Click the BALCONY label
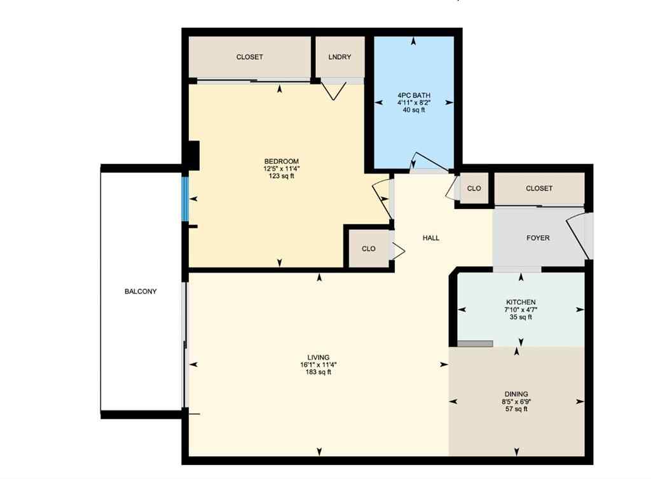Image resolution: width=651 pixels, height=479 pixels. tap(140, 292)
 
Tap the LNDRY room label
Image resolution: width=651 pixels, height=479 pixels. tap(339, 57)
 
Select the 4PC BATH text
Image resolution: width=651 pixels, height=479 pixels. tap(413, 95)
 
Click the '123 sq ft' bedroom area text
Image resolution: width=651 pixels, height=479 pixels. tap(282, 177)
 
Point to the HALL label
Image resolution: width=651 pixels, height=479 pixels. tap(431, 238)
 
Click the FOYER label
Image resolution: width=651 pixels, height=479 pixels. tap(538, 238)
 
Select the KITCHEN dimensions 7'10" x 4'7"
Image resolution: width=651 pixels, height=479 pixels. tap(521, 309)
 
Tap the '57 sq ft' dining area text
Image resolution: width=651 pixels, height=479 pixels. tap(516, 409)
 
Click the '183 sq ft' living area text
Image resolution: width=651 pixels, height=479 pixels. tap(318, 372)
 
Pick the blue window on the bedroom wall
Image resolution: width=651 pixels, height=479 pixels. tap(186, 199)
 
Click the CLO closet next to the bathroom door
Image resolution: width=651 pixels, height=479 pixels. tap(474, 189)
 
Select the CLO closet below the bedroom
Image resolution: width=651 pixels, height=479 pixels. tap(369, 249)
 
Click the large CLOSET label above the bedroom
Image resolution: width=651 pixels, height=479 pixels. tap(249, 57)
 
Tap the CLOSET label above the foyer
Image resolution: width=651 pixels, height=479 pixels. tap(539, 189)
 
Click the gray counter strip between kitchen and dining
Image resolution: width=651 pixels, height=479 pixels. tap(475, 344)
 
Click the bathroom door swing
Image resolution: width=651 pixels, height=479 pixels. tap(422, 163)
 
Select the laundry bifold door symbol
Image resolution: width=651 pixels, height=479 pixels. tap(334, 91)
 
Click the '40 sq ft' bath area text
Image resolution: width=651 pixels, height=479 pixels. tap(413, 110)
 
